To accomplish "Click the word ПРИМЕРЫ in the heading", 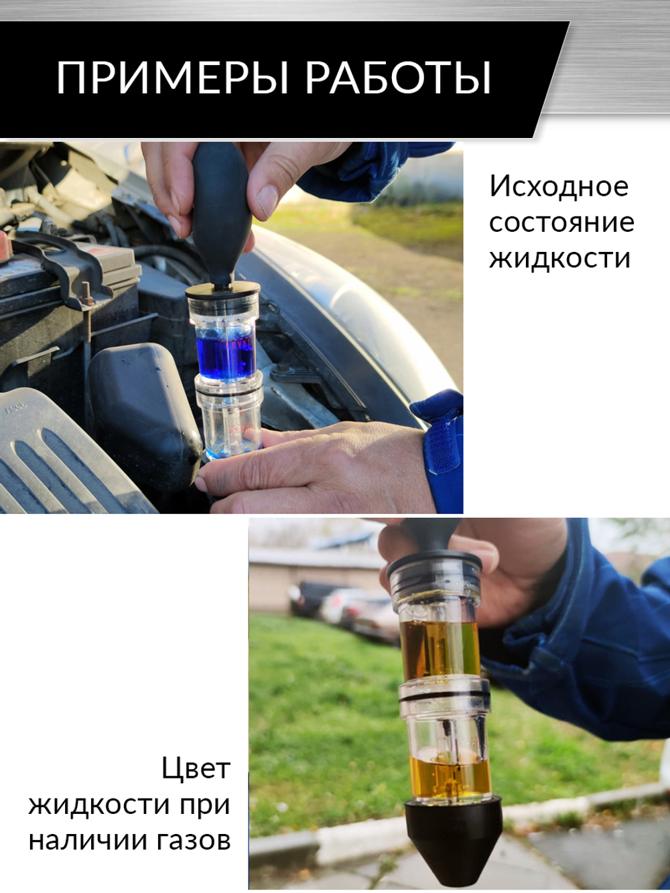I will pyautogui.click(x=172, y=78).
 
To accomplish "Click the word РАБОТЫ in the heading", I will pyautogui.click(x=398, y=78).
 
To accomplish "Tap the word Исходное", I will pyautogui.click(x=559, y=186).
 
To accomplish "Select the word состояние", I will pyautogui.click(x=561, y=222).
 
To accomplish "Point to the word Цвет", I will pyautogui.click(x=196, y=768).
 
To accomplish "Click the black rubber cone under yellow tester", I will pyautogui.click(x=453, y=837).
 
